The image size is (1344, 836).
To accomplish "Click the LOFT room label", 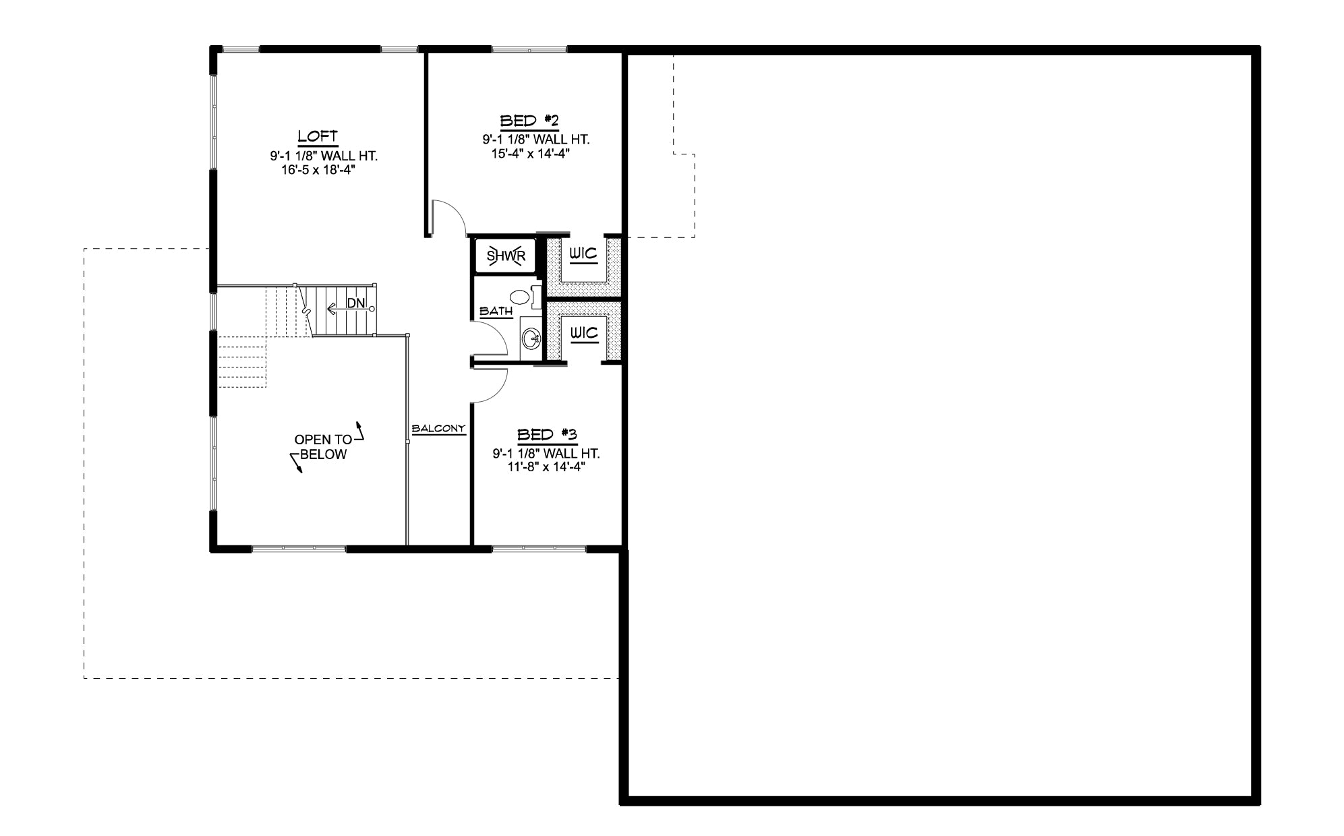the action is [318, 136].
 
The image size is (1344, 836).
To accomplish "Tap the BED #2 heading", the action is [529, 121].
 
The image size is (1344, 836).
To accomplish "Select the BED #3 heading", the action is [547, 435].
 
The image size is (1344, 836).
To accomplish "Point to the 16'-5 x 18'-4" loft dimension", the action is [318, 170].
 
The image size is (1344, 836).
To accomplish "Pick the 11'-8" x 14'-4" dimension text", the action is [546, 466].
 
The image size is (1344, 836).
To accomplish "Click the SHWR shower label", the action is [506, 256].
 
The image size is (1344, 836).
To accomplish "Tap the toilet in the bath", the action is [523, 296].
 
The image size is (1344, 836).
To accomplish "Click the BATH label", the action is [496, 311].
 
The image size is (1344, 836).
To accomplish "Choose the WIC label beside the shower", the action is [583, 254].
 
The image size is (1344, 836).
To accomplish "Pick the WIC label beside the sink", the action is [583, 332].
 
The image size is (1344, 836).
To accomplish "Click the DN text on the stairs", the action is [356, 304].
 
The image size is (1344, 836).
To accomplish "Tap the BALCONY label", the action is [439, 428].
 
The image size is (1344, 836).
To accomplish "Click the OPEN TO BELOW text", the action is [323, 447].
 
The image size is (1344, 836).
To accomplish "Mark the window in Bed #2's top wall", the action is [529, 49].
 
